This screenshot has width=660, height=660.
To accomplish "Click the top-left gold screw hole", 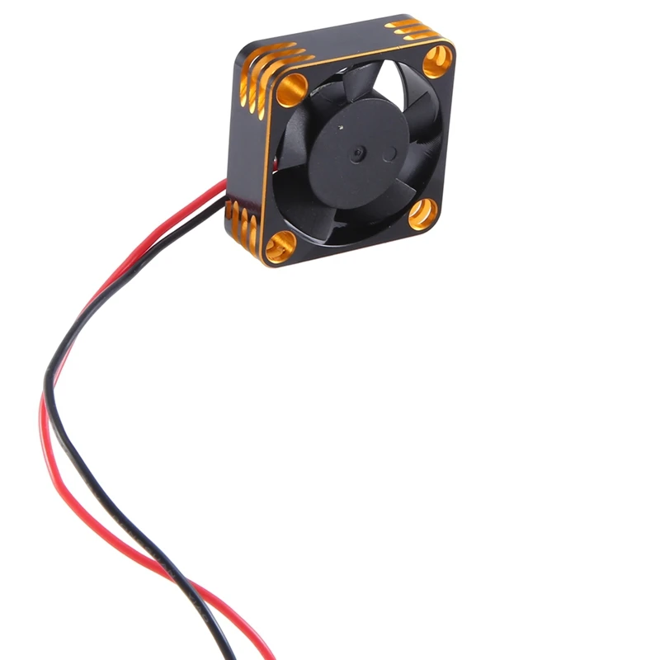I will (x=291, y=89).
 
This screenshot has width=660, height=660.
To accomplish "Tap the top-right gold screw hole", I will (x=437, y=60).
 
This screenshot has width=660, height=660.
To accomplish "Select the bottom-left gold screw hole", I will (x=280, y=245).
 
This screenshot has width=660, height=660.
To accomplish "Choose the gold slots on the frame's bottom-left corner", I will (x=240, y=224).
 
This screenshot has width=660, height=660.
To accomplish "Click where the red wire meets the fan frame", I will (x=226, y=183).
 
